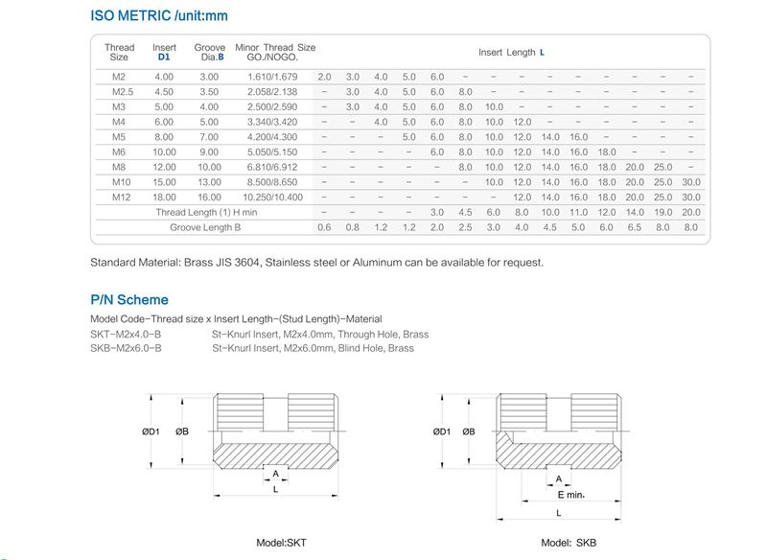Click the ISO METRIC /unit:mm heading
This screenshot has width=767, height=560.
(158, 16)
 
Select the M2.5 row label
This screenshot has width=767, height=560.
(120, 91)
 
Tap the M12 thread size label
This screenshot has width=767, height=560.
(120, 197)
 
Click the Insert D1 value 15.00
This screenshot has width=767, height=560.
(164, 181)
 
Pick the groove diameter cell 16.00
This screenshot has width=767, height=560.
(209, 197)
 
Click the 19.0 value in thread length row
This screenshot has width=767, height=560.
(662, 212)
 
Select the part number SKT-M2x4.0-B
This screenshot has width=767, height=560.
(126, 334)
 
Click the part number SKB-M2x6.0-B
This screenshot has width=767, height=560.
(126, 348)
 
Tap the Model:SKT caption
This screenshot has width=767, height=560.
(281, 543)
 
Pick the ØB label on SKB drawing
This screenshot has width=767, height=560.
(468, 432)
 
